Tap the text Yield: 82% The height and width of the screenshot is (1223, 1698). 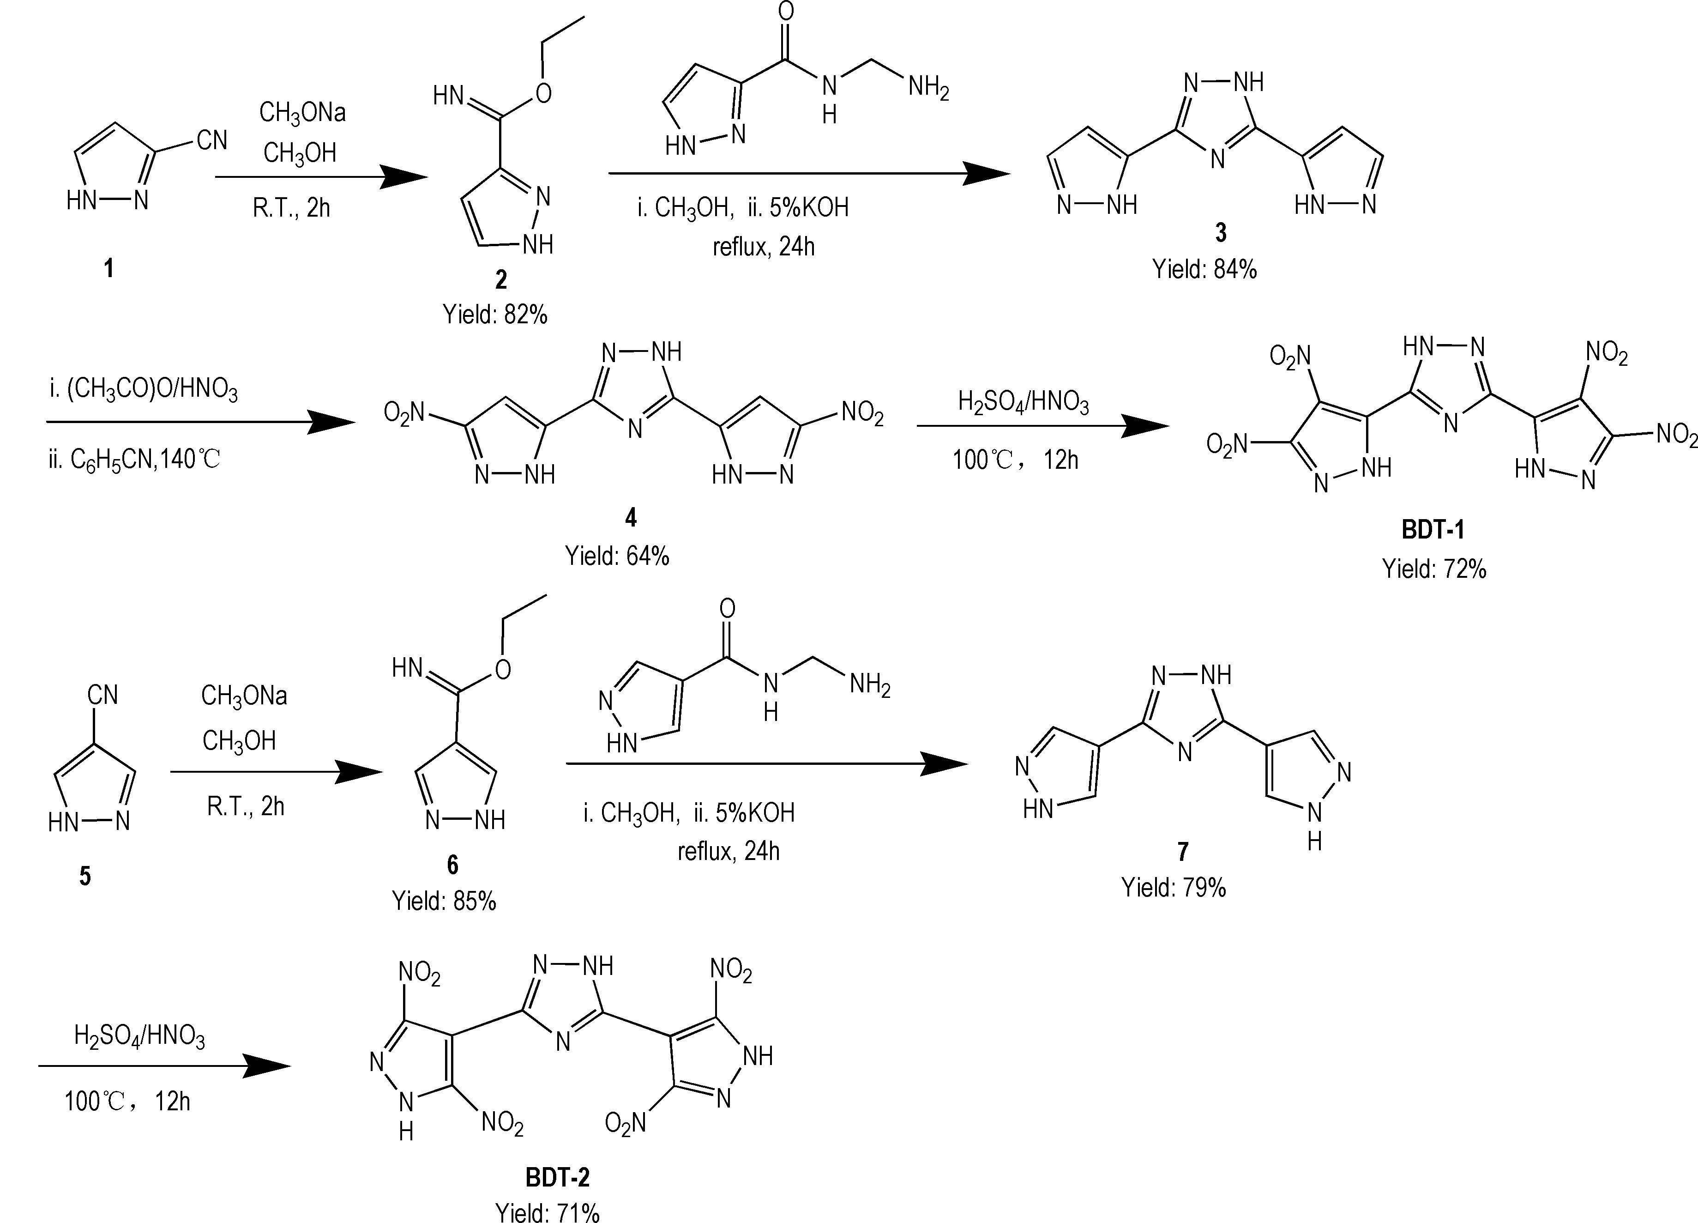pyautogui.click(x=495, y=315)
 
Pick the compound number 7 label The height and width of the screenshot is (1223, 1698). pyautogui.click(x=1182, y=852)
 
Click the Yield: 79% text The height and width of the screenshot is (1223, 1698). pyautogui.click(x=1173, y=888)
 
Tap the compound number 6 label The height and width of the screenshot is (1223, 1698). pyautogui.click(x=452, y=865)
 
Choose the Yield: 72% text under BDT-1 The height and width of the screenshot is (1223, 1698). pyautogui.click(x=1434, y=569)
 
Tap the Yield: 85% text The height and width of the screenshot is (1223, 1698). pyautogui.click(x=444, y=901)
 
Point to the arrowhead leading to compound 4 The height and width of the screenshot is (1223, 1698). pyautogui.click(x=333, y=423)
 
